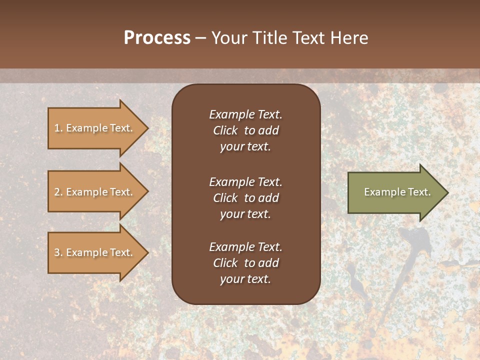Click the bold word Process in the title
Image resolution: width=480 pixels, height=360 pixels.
click(157, 38)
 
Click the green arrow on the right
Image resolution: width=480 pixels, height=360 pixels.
click(395, 192)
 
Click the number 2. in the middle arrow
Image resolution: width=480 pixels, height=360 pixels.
click(58, 192)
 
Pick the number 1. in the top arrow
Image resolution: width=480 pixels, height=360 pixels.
click(58, 128)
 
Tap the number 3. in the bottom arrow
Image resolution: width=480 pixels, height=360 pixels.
click(58, 252)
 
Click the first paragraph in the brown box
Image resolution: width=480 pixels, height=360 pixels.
click(245, 130)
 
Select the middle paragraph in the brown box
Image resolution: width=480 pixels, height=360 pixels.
click(245, 198)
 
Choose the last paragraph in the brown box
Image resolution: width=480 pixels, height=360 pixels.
click(245, 263)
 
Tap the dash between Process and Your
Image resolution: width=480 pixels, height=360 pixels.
click(201, 38)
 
